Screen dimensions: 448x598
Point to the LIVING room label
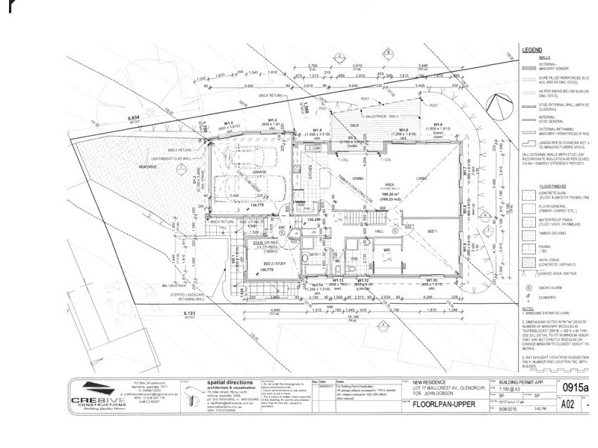[x=422, y=178]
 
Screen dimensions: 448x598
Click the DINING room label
[x=358, y=178]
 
